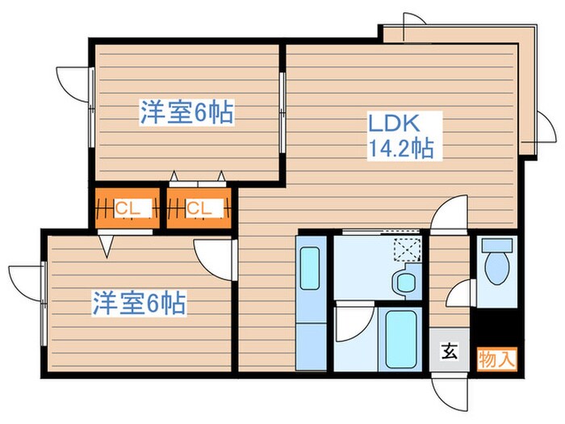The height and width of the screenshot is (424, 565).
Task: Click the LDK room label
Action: click(394, 124)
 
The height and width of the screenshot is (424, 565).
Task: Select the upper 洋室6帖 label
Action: click(186, 113)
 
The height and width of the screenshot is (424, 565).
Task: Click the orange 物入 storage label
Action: click(496, 356)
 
